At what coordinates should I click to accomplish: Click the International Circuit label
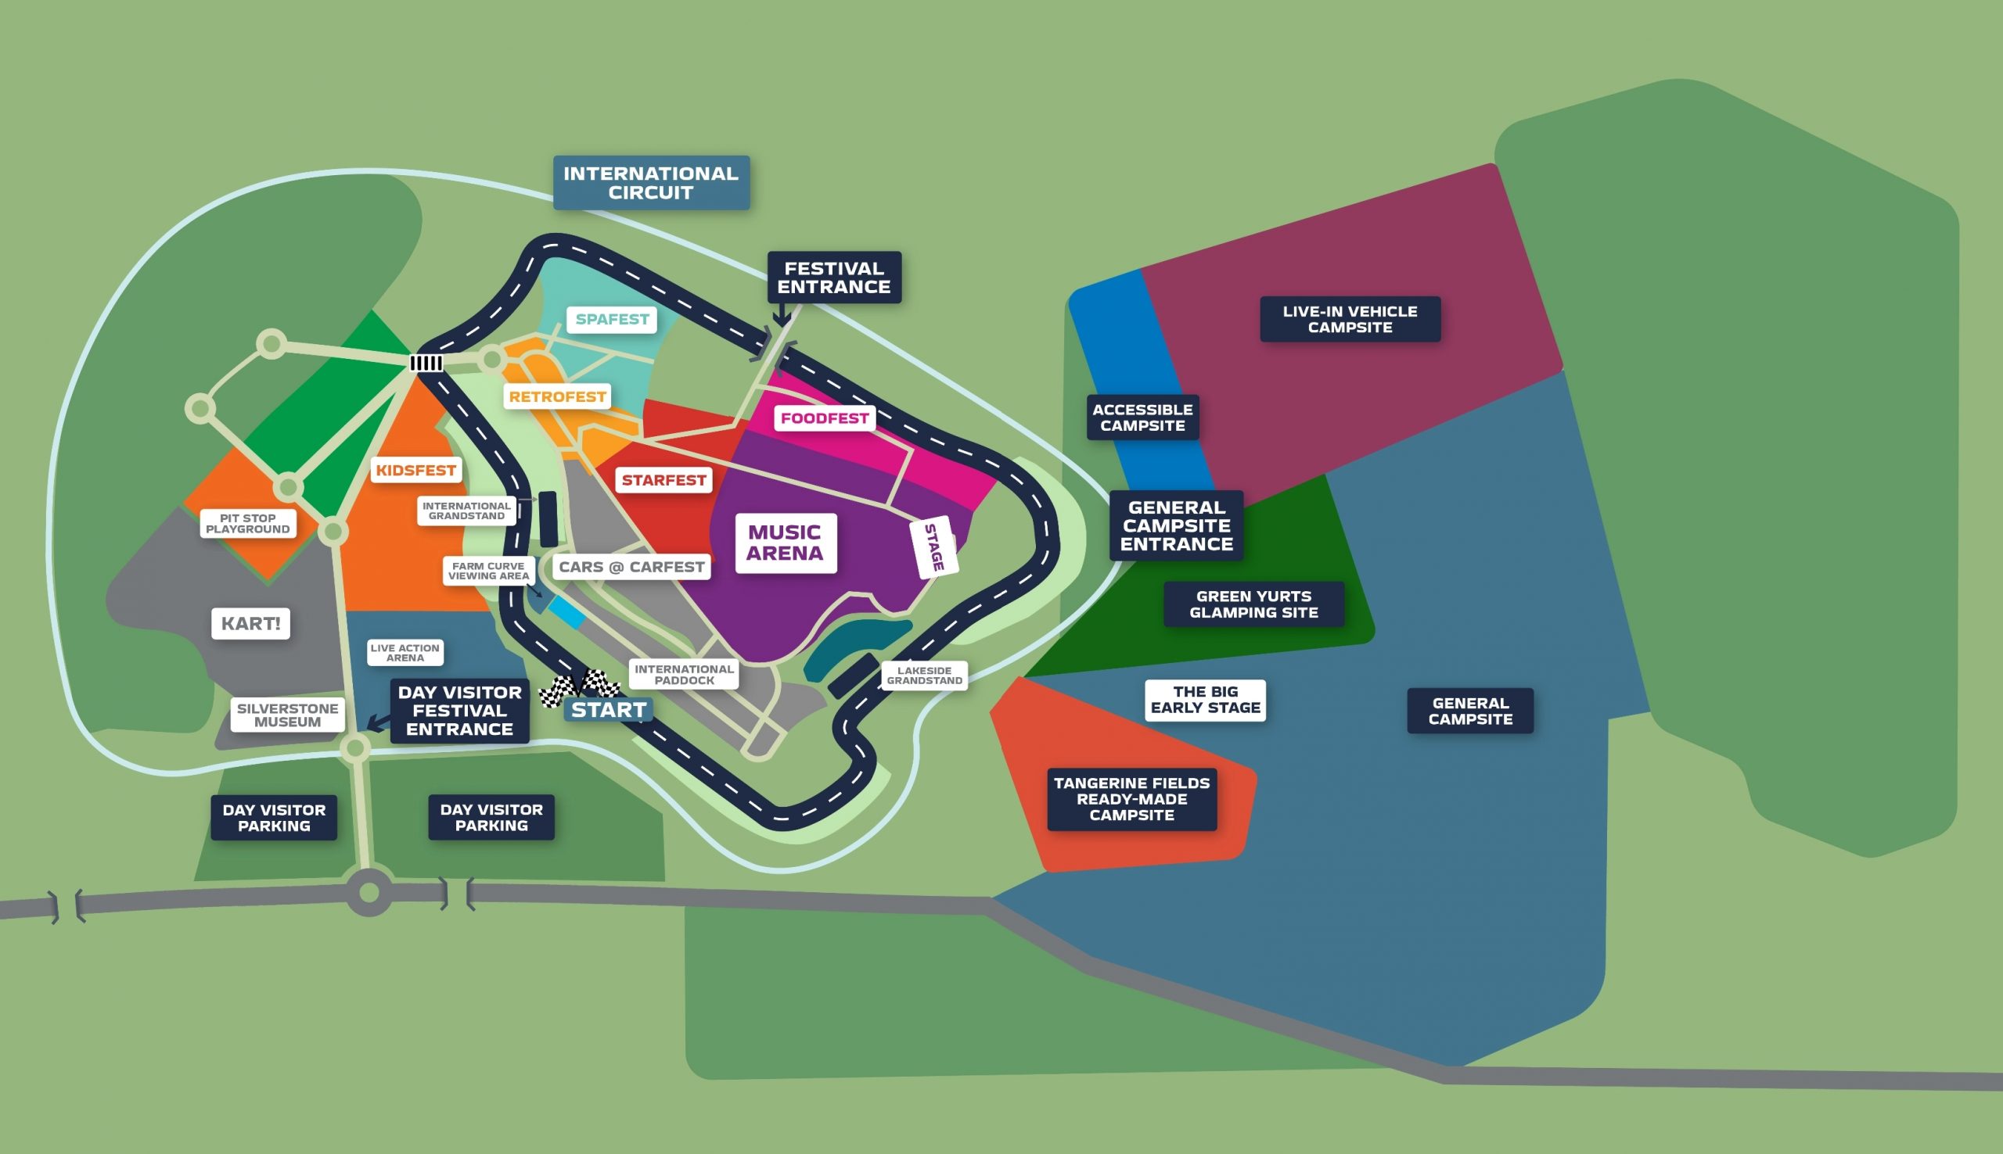tap(651, 183)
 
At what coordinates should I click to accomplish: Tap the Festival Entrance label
tap(833, 278)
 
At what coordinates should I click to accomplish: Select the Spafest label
tap(611, 320)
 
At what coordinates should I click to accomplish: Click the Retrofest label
tap(557, 396)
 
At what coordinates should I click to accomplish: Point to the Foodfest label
tap(824, 418)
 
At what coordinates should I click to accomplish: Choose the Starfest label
tap(663, 479)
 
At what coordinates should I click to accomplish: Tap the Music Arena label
tap(785, 543)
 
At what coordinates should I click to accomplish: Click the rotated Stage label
tap(934, 547)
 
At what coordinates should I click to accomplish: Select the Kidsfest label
tap(415, 470)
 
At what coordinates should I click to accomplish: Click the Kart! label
tap(250, 623)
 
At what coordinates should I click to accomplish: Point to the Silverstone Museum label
tap(287, 715)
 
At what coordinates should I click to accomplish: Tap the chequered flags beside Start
tap(579, 686)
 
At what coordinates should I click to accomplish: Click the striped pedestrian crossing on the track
tap(426, 363)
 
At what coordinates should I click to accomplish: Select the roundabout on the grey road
tap(369, 892)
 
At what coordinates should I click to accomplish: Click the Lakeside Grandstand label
tap(924, 676)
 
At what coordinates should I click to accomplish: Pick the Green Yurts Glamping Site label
tap(1253, 604)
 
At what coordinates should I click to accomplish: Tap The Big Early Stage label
tap(1204, 700)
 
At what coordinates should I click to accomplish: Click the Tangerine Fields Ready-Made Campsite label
tap(1131, 799)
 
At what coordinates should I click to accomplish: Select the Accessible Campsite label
tap(1142, 417)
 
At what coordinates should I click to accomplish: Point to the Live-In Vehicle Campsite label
tap(1350, 320)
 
